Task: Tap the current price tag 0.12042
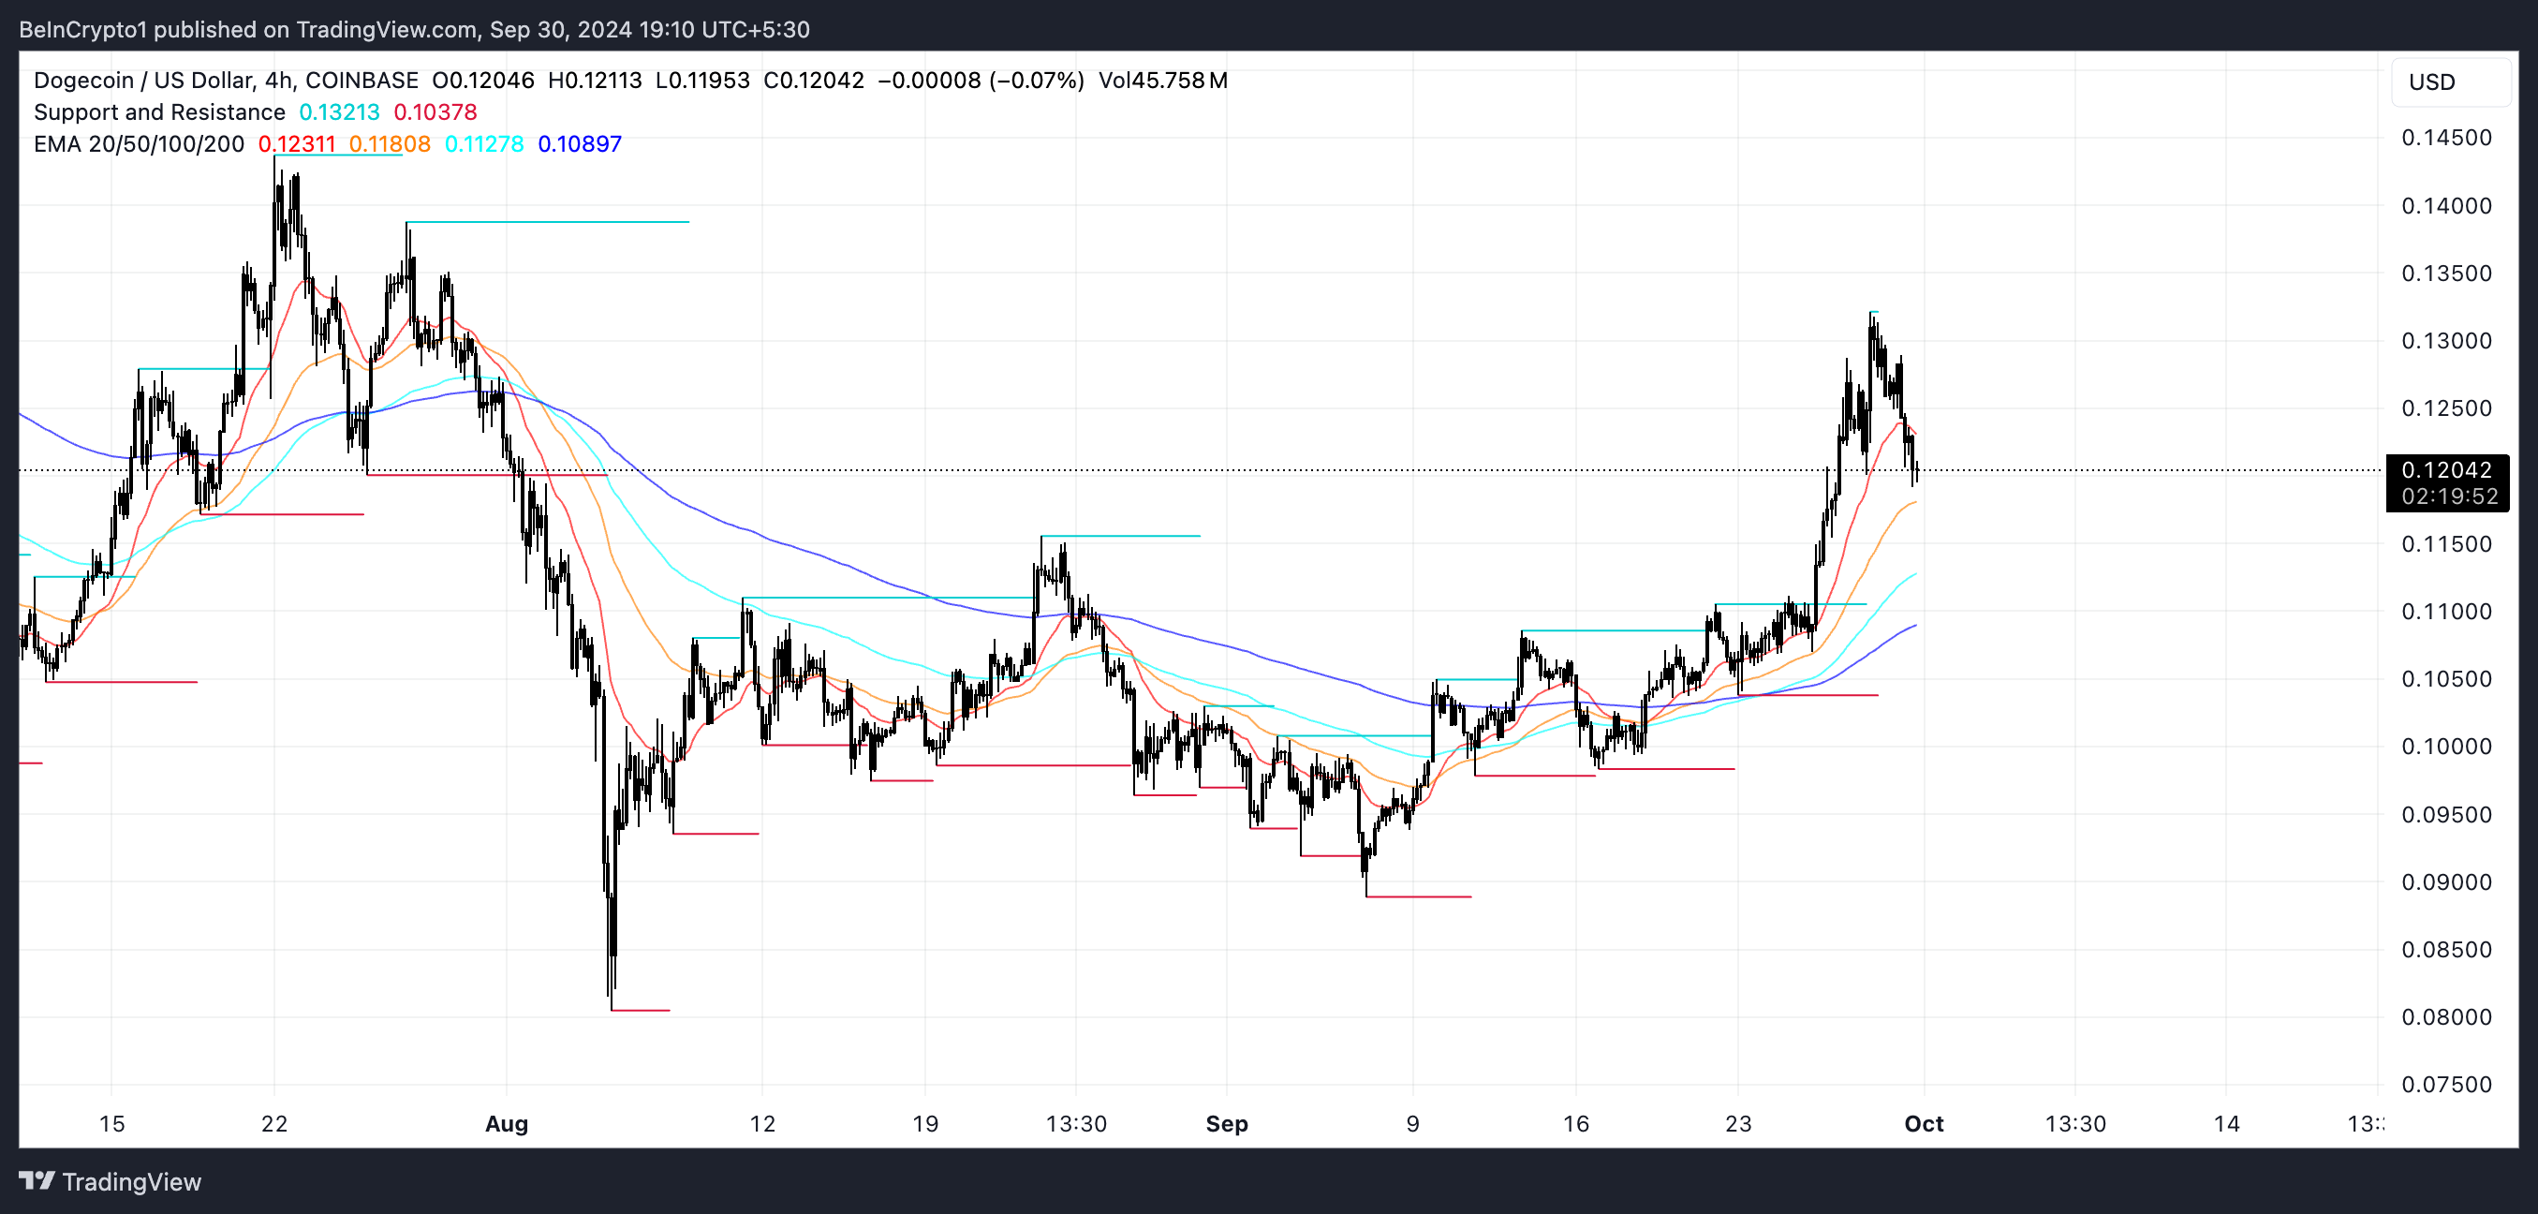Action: [2446, 470]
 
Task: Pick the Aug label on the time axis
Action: [507, 1123]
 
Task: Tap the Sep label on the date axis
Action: [1227, 1123]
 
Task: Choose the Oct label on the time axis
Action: [1924, 1123]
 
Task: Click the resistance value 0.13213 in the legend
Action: [339, 112]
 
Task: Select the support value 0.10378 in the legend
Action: [435, 112]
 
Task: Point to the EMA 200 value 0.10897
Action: [580, 144]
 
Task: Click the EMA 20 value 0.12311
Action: [297, 144]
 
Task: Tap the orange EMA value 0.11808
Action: [390, 144]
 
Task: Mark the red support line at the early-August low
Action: [641, 1010]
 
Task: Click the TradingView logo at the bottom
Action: [111, 1181]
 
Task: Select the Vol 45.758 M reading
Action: [1162, 81]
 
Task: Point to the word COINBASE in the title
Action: [362, 81]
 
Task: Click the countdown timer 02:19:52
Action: [2448, 496]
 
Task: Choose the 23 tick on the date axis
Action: [1738, 1123]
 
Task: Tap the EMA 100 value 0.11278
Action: [484, 144]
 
